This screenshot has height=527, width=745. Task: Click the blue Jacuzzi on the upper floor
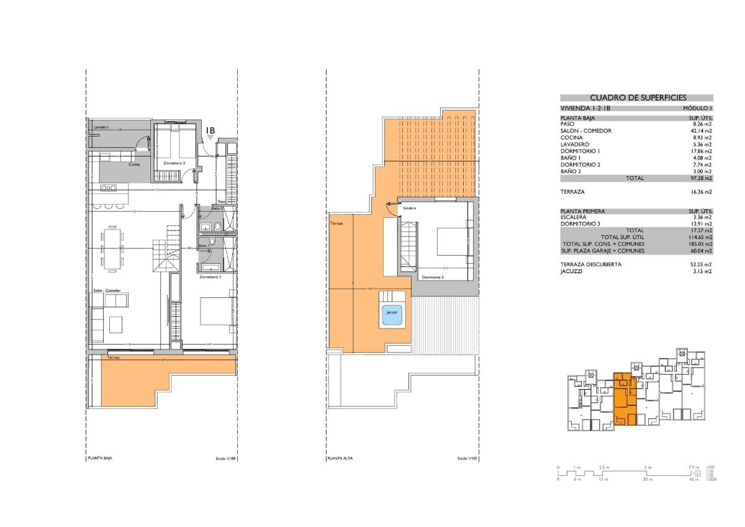click(391, 312)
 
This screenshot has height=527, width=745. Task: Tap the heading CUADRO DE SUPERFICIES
click(636, 97)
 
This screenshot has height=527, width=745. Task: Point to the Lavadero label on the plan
click(101, 127)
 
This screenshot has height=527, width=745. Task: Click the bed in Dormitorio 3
click(454, 241)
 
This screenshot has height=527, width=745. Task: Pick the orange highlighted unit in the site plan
click(625, 400)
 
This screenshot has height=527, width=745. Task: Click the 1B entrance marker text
click(210, 130)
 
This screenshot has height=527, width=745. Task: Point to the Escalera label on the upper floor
click(409, 208)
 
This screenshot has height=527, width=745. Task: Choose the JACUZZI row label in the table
click(572, 271)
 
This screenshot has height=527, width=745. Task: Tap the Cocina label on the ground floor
click(134, 164)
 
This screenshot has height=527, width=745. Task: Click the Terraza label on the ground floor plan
click(113, 358)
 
